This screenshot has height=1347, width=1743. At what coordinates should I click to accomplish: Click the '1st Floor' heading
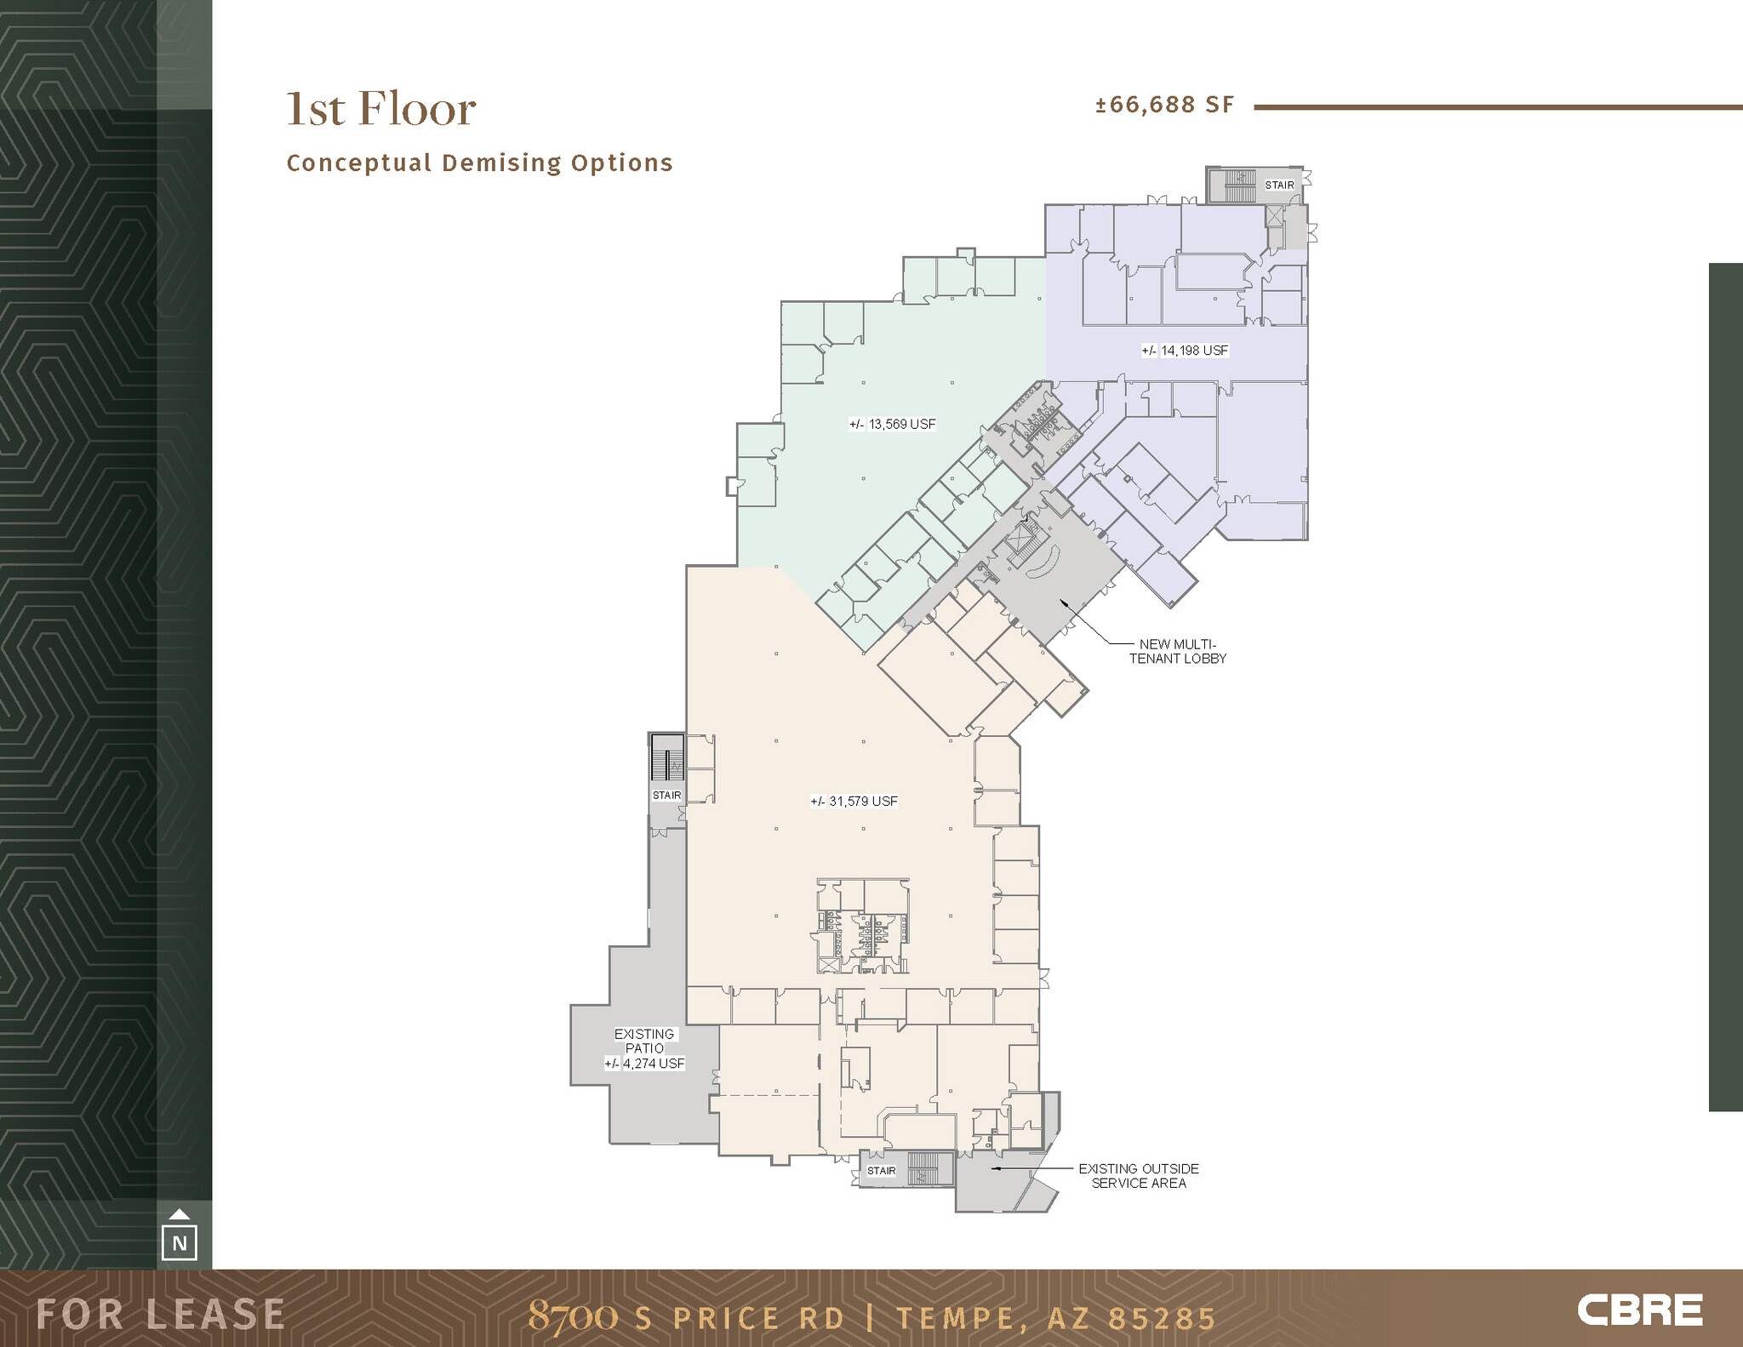(380, 109)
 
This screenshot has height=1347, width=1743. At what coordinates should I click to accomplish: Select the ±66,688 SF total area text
(1163, 105)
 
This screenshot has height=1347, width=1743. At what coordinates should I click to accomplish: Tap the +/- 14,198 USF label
(1185, 351)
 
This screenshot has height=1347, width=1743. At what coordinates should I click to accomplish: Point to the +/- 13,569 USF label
(892, 424)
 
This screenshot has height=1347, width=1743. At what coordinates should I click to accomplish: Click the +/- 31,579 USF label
(854, 802)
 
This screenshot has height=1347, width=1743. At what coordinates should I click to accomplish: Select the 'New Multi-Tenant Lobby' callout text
(1177, 651)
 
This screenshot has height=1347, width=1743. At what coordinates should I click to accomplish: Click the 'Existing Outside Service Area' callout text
(1138, 1176)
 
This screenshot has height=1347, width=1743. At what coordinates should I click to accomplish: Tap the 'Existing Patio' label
(644, 1041)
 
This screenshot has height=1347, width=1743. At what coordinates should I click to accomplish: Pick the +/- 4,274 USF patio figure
(644, 1064)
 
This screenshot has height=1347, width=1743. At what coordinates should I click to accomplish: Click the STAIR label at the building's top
(1279, 185)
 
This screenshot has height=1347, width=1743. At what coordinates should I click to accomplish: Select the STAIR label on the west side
(666, 796)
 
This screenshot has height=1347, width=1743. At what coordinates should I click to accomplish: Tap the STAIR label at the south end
(881, 1171)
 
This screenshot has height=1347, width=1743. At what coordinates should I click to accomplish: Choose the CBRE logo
(1639, 1310)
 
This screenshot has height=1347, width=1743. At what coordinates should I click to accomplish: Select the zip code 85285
(1161, 1319)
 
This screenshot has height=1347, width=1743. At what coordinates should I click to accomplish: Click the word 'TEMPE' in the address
(957, 1319)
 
